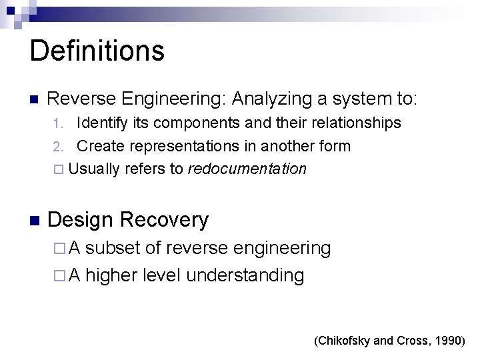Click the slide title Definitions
pos(97,51)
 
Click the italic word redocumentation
pos(247,169)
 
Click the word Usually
pos(94,169)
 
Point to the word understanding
pos(245,275)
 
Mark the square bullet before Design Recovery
pos(36,220)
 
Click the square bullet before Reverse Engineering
pos(36,100)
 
